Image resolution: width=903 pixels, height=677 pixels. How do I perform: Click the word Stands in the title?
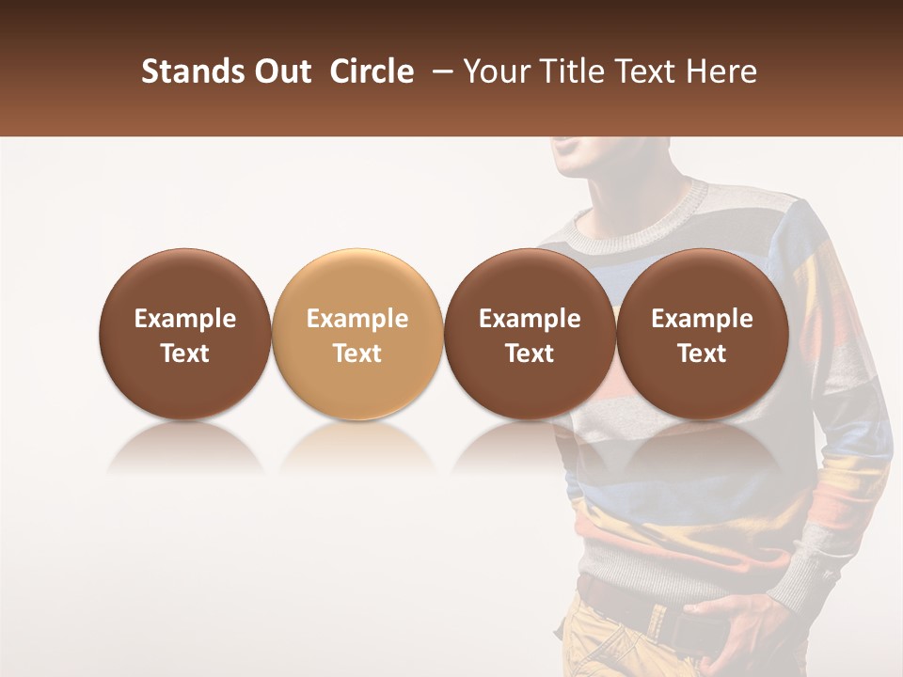pos(193,72)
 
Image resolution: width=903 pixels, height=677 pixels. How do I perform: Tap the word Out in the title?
pos(281,72)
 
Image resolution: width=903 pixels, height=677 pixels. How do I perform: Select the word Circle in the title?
pos(372,72)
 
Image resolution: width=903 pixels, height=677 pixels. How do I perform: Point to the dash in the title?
pos(440,72)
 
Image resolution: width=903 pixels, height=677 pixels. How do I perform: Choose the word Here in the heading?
pos(720,72)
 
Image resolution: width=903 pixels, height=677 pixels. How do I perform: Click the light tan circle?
pos(357,334)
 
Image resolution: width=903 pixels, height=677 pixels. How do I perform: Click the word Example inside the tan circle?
pos(357,319)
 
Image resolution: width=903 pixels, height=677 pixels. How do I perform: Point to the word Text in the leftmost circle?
pos(185,354)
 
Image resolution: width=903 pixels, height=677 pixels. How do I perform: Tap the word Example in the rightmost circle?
pos(703,319)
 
